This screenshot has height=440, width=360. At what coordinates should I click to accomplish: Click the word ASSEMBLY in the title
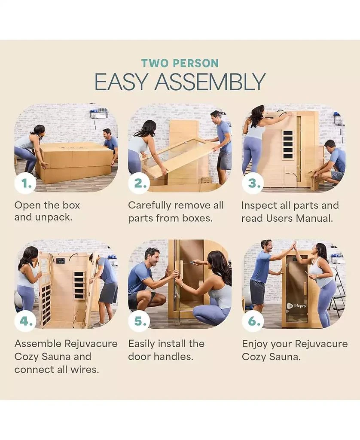[210, 82]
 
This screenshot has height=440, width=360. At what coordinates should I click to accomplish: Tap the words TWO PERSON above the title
[180, 63]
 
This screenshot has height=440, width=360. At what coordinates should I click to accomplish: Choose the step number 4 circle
[25, 321]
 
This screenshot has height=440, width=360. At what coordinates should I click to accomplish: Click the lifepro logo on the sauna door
[296, 306]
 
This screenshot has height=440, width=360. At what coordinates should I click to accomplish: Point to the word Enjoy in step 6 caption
[254, 344]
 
